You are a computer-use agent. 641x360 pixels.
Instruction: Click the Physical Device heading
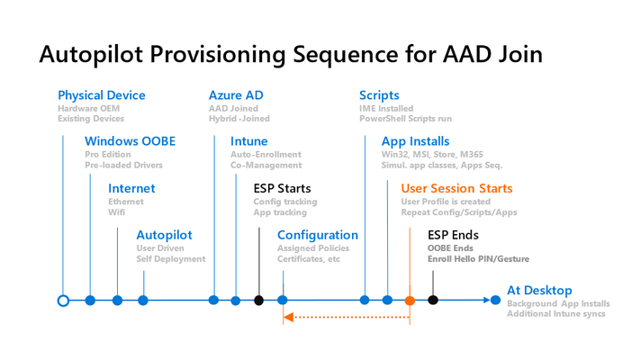[x=102, y=95]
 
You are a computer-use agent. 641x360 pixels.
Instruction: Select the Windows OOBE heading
[x=130, y=141]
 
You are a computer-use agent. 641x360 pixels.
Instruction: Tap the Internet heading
[x=131, y=188]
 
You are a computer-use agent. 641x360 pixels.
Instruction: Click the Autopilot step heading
[x=164, y=236]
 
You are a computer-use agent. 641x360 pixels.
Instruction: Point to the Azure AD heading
[x=236, y=95]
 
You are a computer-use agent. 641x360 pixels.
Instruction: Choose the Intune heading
[x=249, y=141]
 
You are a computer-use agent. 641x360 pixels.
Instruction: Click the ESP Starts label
[x=282, y=188]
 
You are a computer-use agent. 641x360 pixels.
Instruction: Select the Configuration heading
[x=318, y=236]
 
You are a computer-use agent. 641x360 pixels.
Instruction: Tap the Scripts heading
[x=379, y=95]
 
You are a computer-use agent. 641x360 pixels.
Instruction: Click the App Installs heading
[x=415, y=142]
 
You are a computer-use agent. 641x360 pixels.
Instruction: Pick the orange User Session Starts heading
[x=456, y=188]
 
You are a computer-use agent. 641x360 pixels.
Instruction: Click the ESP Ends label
[x=453, y=235]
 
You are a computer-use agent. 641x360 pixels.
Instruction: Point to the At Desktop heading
[x=539, y=291]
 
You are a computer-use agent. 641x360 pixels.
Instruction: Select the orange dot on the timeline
[x=410, y=301]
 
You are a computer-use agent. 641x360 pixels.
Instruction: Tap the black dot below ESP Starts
[x=258, y=301]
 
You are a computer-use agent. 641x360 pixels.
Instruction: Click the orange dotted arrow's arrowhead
[x=288, y=317]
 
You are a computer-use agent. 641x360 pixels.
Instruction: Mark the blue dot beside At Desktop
[x=495, y=301]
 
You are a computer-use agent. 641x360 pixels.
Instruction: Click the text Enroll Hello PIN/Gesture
[x=478, y=259]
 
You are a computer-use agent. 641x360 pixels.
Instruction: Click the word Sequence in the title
[x=346, y=55]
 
